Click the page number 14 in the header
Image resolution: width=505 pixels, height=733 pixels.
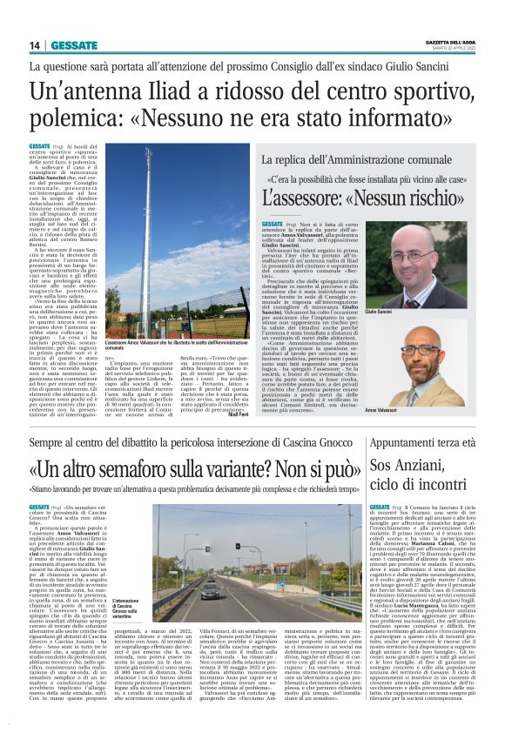(x=35, y=45)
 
